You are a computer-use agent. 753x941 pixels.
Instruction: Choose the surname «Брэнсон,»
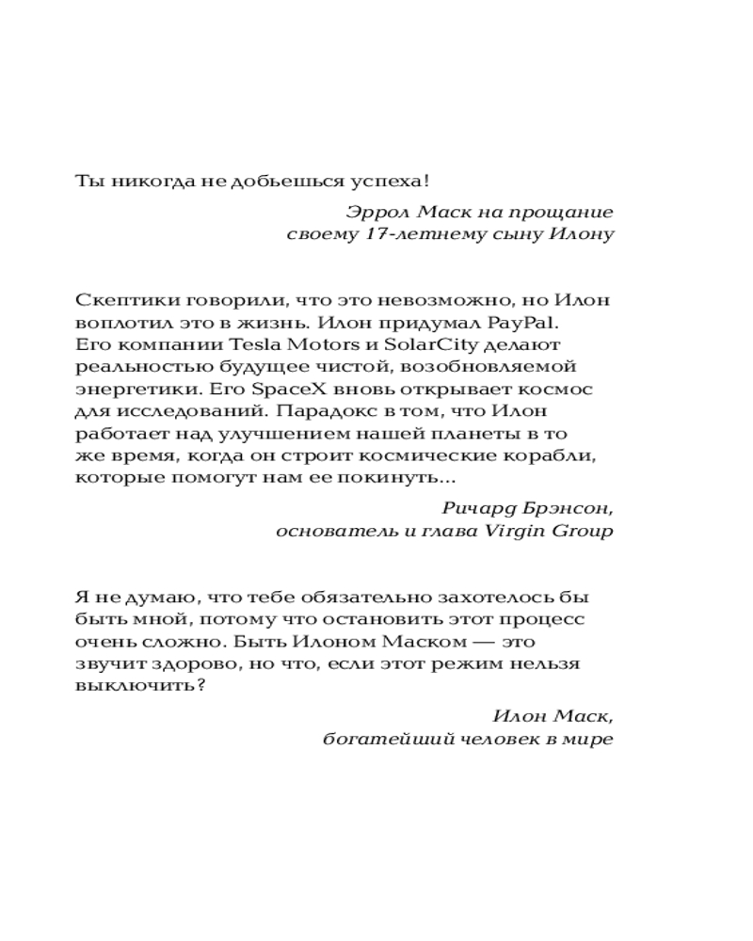tap(567, 508)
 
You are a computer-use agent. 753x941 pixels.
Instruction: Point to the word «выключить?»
tap(139, 685)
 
